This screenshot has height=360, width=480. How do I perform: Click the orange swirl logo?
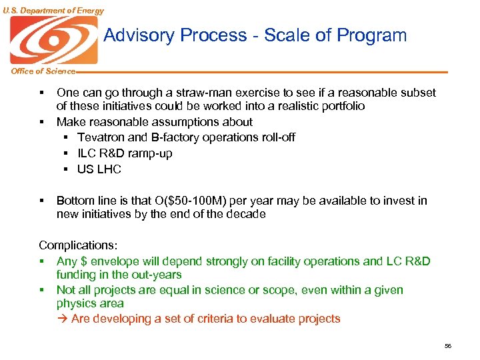(x=53, y=40)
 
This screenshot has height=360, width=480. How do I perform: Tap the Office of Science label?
(x=39, y=71)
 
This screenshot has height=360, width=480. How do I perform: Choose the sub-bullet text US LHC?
(x=99, y=169)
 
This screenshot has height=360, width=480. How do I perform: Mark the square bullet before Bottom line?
(x=41, y=201)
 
